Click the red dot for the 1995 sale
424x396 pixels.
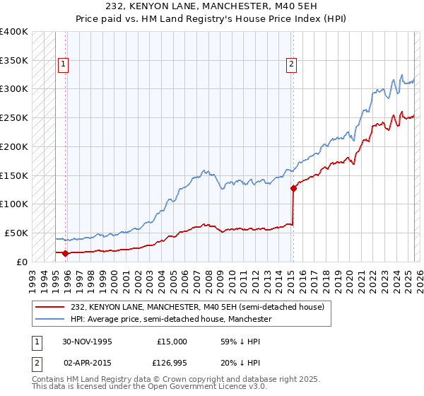pyautogui.click(x=66, y=252)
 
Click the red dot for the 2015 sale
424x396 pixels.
pyautogui.click(x=293, y=188)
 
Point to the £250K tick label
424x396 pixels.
pyautogui.click(x=13, y=117)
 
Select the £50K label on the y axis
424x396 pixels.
pyautogui.click(x=16, y=233)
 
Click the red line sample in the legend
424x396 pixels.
pyautogui.click(x=49, y=308)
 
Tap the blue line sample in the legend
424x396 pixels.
pyautogui.click(x=49, y=320)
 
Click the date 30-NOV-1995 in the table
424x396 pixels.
pyautogui.click(x=87, y=341)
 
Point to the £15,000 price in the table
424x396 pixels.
pyautogui.click(x=172, y=341)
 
